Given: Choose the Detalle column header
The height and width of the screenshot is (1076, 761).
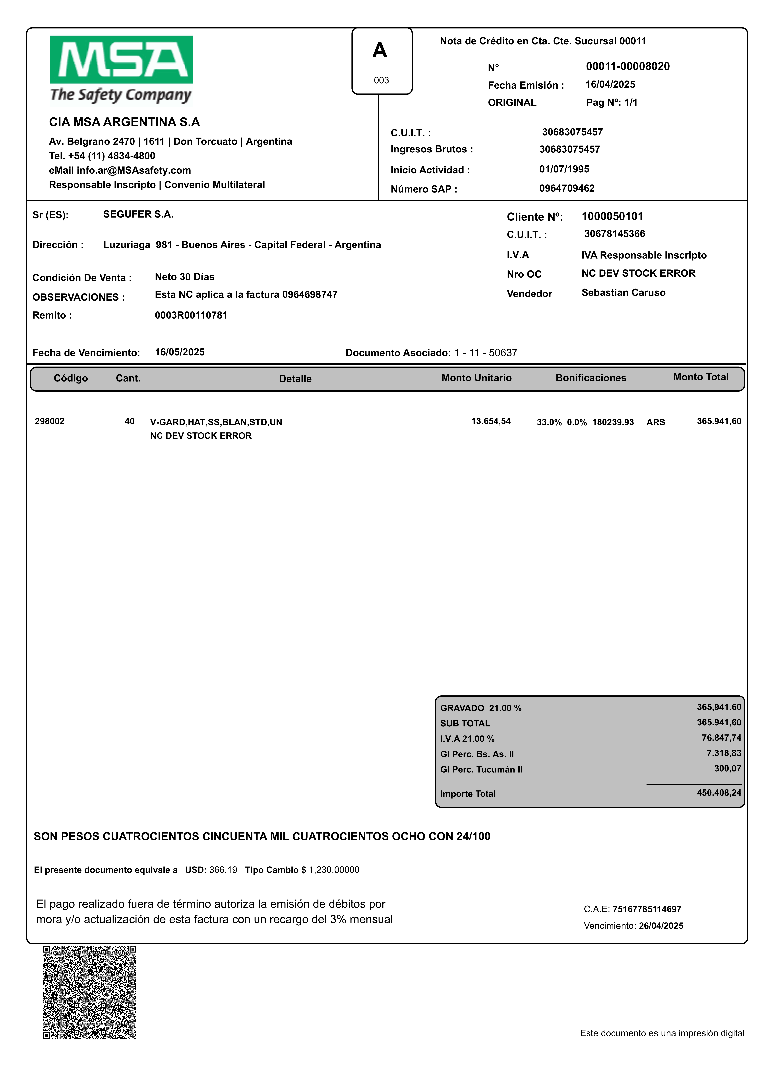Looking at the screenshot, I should pyautogui.click(x=295, y=379).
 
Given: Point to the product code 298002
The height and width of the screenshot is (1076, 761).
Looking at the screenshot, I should pyautogui.click(x=50, y=421).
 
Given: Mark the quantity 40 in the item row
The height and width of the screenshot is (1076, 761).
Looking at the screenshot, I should pyautogui.click(x=129, y=421).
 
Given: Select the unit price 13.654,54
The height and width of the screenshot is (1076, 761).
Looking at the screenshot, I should pyautogui.click(x=491, y=421).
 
